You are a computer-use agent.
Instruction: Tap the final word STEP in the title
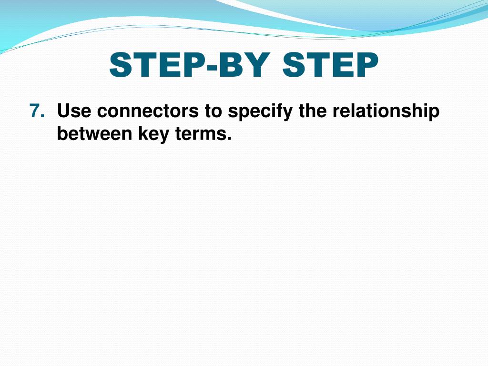330,65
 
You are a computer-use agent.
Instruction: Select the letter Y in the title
257,65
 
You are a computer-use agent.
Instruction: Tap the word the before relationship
313,112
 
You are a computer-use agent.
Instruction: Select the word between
94,134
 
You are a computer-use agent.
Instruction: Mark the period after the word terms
229,139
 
